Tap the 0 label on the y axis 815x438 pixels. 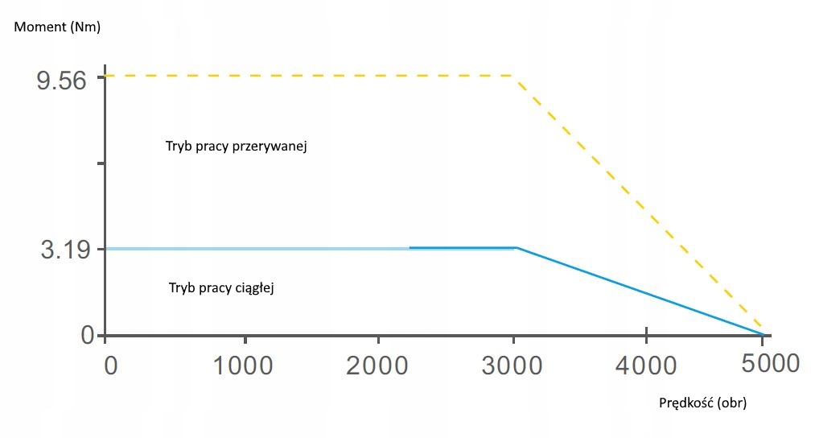pos(87,335)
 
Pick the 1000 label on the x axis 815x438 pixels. pos(244,365)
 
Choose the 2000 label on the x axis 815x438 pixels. pos(379,365)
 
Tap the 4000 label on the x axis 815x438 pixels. pos(648,365)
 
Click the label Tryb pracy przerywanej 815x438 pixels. pos(237,147)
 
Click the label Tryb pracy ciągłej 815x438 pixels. pos(222,287)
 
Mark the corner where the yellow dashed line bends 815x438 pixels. pos(515,76)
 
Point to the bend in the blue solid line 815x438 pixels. pos(516,248)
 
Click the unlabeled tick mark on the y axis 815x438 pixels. pos(101,163)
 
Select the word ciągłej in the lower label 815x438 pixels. pos(257,287)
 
